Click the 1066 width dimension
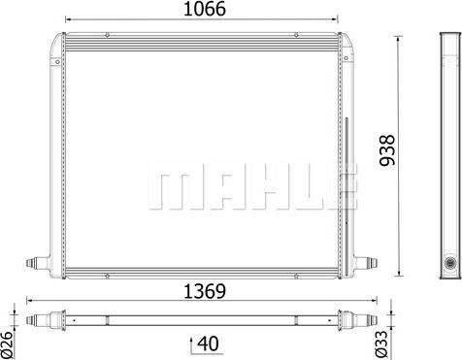click(205, 9)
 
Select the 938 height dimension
click(387, 150)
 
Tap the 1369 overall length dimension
click(205, 291)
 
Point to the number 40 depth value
click(208, 344)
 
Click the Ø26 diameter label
click(7, 345)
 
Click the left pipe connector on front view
click(38, 262)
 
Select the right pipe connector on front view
click(366, 262)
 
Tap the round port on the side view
click(449, 263)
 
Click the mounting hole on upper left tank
click(57, 62)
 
